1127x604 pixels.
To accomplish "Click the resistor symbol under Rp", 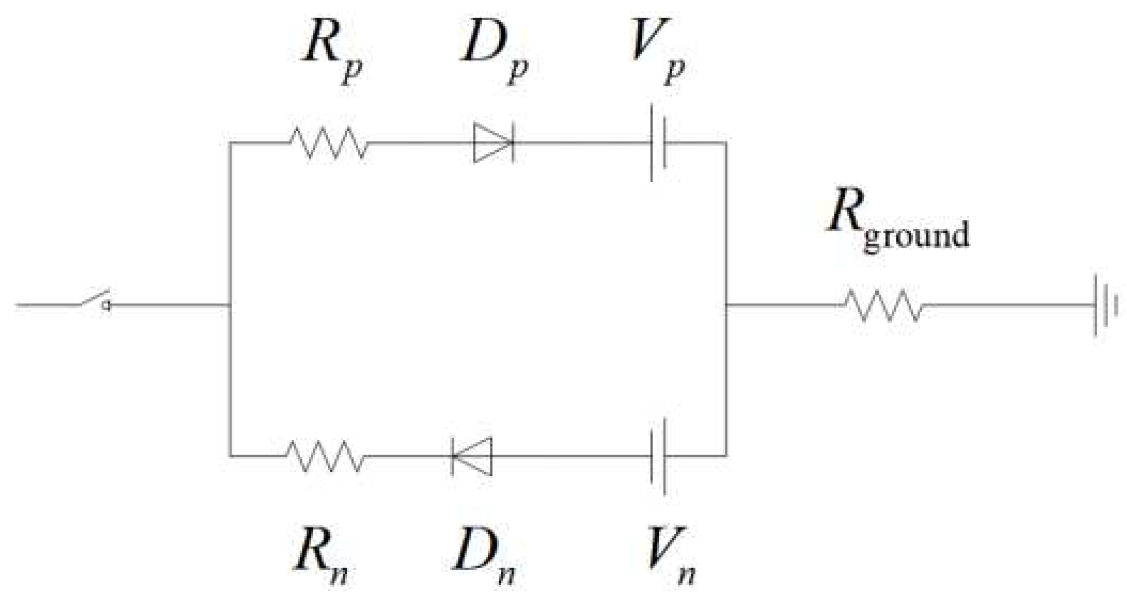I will (x=329, y=143).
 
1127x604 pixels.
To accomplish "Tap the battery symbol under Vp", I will (x=658, y=143).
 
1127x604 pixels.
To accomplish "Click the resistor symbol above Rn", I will (x=326, y=456).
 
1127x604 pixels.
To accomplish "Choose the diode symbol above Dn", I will (x=472, y=456).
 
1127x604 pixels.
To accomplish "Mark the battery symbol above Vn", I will (x=658, y=456).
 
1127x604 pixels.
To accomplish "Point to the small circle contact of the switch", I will (x=106, y=305).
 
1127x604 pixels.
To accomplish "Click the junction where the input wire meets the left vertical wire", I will (x=230, y=305).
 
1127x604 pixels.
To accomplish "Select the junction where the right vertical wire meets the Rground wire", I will (x=726, y=305).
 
